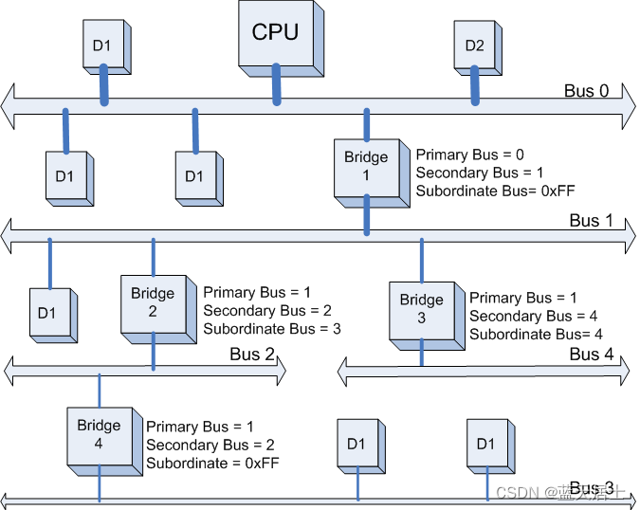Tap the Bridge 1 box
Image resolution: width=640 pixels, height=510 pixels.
click(x=365, y=167)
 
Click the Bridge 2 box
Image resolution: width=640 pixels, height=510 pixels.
click(x=152, y=302)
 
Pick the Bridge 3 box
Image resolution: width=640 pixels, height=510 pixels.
click(x=420, y=309)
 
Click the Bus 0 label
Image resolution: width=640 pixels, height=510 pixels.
click(x=586, y=91)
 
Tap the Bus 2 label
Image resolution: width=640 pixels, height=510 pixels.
click(x=252, y=355)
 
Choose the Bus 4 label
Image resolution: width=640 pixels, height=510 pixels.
click(x=585, y=355)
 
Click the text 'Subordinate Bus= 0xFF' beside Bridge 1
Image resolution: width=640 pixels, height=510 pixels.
click(x=483, y=191)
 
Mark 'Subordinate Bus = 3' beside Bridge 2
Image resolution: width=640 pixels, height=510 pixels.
click(x=271, y=329)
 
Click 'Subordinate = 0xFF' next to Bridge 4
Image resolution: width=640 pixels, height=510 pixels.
click(x=211, y=463)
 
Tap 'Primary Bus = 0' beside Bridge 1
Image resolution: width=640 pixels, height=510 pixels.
click(x=469, y=155)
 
